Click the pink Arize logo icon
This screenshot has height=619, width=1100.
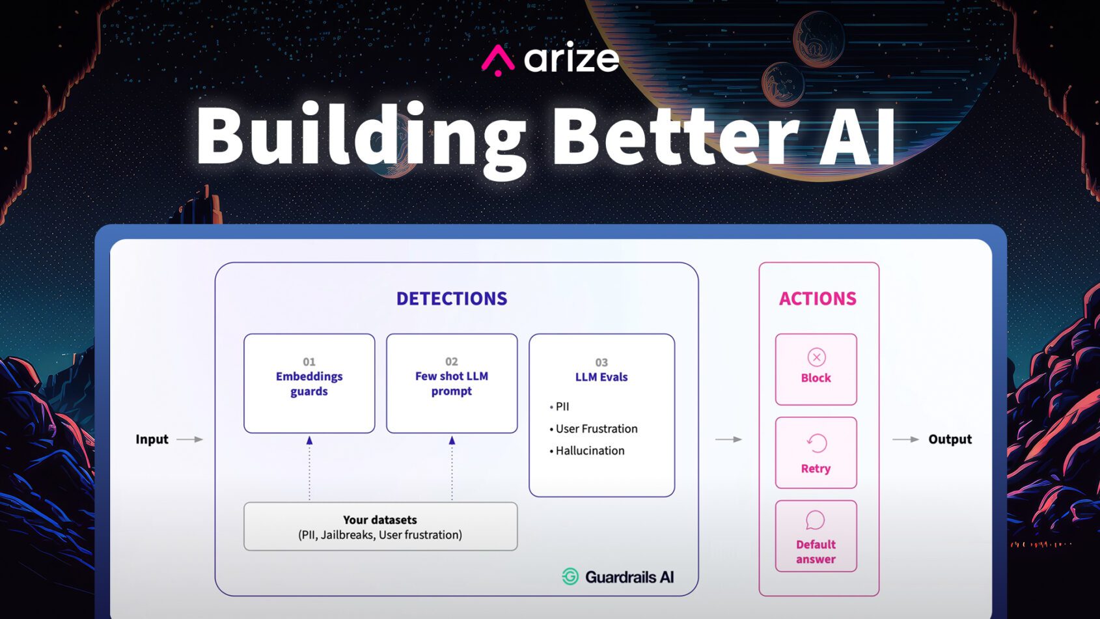[498, 60]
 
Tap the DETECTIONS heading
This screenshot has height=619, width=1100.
[452, 299]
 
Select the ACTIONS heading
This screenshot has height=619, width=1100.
[818, 299]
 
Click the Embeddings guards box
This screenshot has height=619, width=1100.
[309, 383]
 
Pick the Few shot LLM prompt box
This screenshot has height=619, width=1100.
[452, 383]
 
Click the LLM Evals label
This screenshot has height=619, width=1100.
[601, 377]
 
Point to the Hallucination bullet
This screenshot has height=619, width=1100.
[590, 450]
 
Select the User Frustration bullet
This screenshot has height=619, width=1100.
[596, 429]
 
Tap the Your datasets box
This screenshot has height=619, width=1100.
[380, 527]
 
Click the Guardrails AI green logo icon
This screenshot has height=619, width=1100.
[570, 577]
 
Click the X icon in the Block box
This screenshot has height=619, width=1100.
[816, 357]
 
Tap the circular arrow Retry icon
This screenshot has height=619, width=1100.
[816, 443]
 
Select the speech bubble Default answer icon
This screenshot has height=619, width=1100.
[815, 520]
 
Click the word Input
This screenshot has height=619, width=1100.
[152, 439]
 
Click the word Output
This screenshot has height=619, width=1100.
[950, 439]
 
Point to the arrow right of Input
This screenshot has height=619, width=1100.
[190, 439]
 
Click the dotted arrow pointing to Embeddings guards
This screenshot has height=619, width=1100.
[309, 469]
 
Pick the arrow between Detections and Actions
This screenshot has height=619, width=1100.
[728, 439]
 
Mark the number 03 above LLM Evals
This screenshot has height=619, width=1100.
[601, 363]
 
